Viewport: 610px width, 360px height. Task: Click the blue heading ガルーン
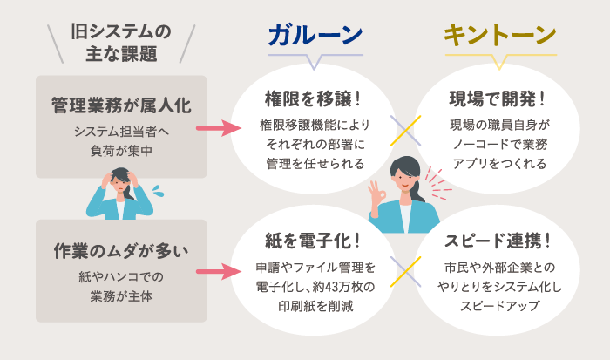315,35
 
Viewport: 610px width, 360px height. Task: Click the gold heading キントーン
499,35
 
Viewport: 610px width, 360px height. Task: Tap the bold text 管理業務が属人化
121,105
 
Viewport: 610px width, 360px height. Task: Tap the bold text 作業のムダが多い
121,251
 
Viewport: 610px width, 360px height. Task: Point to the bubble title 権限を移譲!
314,97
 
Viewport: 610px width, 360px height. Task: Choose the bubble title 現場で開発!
499,97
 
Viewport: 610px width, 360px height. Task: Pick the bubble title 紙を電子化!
314,239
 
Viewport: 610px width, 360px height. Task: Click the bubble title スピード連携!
499,239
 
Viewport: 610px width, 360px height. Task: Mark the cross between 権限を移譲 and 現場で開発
405,130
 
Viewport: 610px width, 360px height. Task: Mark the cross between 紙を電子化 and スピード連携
405,272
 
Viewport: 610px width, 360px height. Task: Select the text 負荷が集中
121,149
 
